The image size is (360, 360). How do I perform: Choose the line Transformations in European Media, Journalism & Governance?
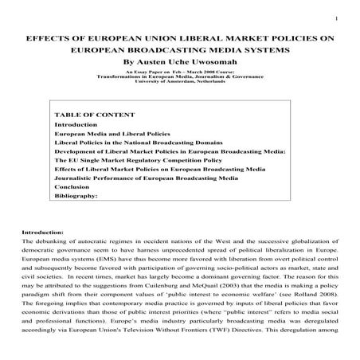point(180,76)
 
